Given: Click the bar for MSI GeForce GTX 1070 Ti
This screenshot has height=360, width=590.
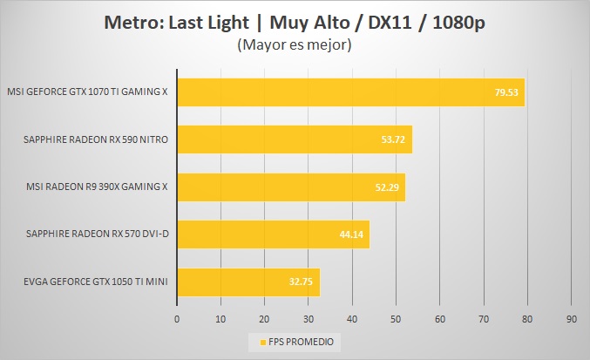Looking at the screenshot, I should coord(349,92).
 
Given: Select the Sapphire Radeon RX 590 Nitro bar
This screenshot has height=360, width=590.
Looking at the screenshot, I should coord(294,139).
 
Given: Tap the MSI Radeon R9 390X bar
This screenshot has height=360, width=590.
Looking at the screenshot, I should coord(290,187).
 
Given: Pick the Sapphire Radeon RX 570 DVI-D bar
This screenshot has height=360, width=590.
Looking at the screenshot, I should coord(272,234).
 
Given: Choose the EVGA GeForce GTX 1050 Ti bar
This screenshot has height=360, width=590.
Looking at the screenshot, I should coord(248,282).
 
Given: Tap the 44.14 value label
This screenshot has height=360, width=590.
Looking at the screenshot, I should coord(351,234).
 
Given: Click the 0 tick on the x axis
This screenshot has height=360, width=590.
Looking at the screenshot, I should coord(177,319).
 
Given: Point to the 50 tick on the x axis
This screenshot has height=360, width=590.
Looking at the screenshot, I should coord(396,319).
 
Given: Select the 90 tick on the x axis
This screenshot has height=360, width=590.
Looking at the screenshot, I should coord(571,319).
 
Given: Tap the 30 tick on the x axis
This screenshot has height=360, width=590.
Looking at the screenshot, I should coord(309,319).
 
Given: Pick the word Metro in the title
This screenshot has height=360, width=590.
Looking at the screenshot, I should coord(129,22).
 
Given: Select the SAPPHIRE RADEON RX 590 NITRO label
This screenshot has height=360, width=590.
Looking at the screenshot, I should coord(97,139).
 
